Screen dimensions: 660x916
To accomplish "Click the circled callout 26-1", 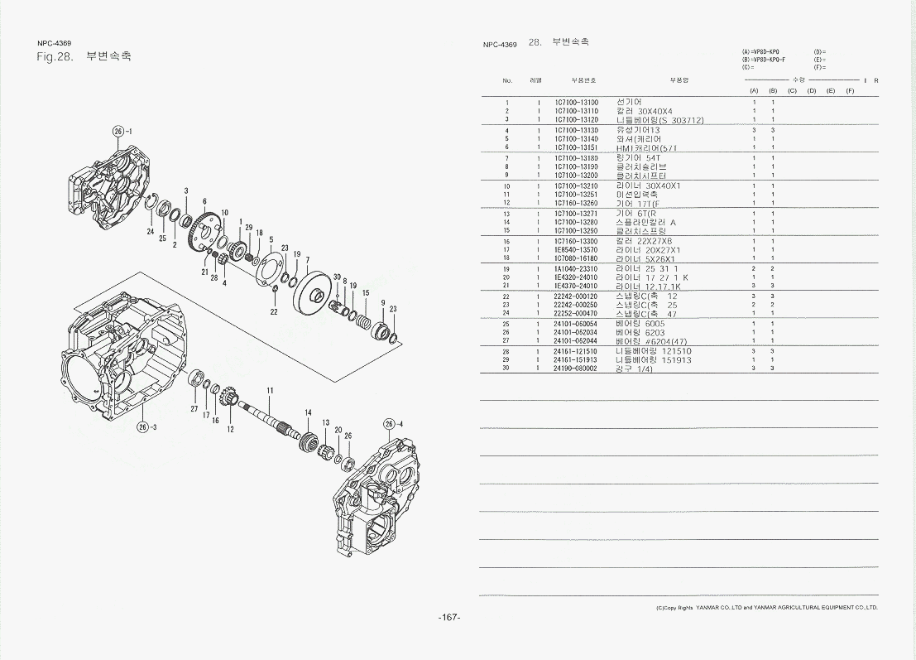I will coord(121,131).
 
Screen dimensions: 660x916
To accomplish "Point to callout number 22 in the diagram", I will coord(274,311).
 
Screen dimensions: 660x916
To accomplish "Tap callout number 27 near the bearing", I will coord(194,409).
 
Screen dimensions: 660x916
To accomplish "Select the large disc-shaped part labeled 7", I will coord(316,291).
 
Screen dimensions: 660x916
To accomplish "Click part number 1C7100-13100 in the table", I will coord(576,103).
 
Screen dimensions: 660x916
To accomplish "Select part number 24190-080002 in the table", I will coord(575,368).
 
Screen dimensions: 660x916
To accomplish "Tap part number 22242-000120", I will coord(575,296).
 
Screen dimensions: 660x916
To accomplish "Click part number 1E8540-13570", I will coord(576,249).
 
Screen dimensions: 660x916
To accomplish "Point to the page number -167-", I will coord(449,617).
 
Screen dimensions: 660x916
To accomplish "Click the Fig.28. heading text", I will coord(56,57).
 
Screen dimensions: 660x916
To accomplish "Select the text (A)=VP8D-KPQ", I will coord(761,51).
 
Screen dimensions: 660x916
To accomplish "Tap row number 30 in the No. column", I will coord(506,368).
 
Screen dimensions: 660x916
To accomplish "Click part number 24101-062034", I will coord(575,332).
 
